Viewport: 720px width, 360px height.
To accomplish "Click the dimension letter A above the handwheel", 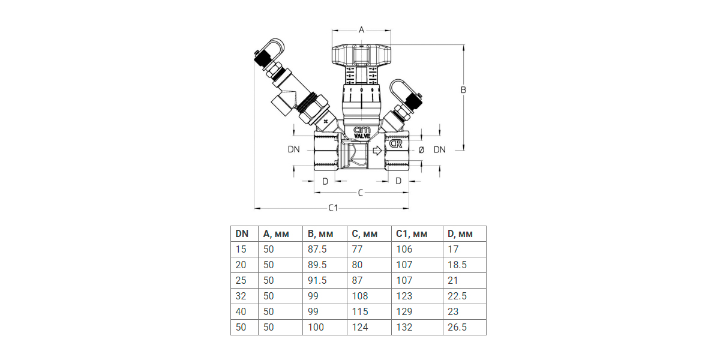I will pyautogui.click(x=361, y=29).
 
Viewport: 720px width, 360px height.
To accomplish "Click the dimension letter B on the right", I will pyautogui.click(x=463, y=90).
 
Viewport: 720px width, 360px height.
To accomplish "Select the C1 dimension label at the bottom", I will pyautogui.click(x=333, y=208).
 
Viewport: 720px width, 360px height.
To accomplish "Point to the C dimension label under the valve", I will pyautogui.click(x=360, y=193).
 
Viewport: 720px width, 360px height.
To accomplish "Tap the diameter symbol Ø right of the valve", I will pyautogui.click(x=421, y=149).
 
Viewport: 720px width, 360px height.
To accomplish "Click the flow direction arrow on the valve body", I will pyautogui.click(x=376, y=151).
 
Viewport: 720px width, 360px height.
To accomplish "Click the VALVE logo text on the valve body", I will pyautogui.click(x=362, y=136).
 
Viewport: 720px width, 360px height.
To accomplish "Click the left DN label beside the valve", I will pyautogui.click(x=293, y=149).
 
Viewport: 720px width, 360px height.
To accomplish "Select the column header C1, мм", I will pyautogui.click(x=411, y=234).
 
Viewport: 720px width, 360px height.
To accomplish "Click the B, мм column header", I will pyautogui.click(x=320, y=234).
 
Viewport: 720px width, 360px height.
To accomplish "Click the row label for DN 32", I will pyautogui.click(x=241, y=296).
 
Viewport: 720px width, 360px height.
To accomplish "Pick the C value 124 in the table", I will pyautogui.click(x=360, y=327).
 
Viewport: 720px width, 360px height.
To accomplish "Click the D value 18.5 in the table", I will pyautogui.click(x=457, y=265).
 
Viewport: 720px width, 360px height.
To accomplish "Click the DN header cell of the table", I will pyautogui.click(x=242, y=234).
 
